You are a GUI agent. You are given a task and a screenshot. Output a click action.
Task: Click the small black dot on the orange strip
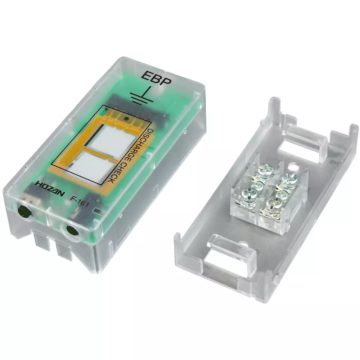click(126, 118)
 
